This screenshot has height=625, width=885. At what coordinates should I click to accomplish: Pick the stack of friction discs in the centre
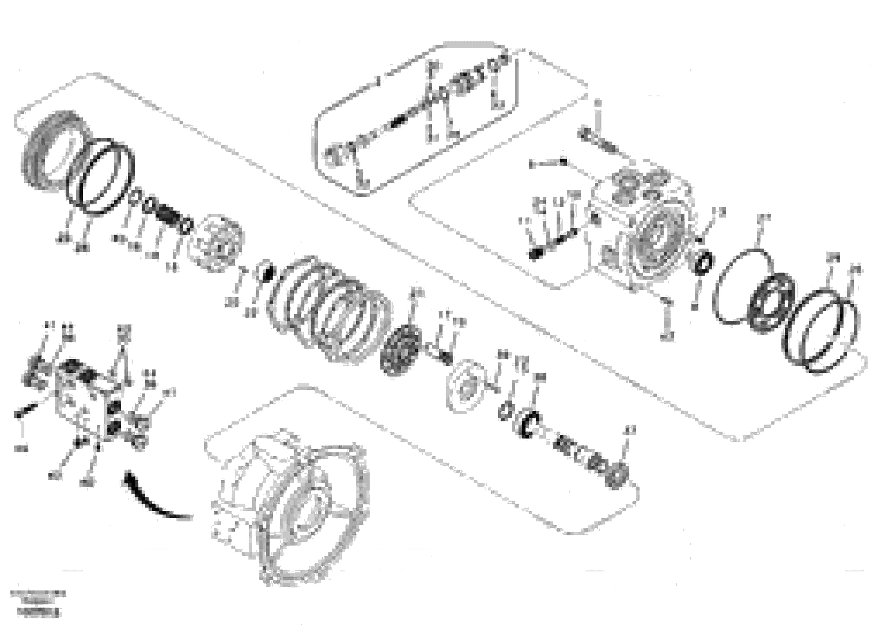(x=328, y=308)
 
